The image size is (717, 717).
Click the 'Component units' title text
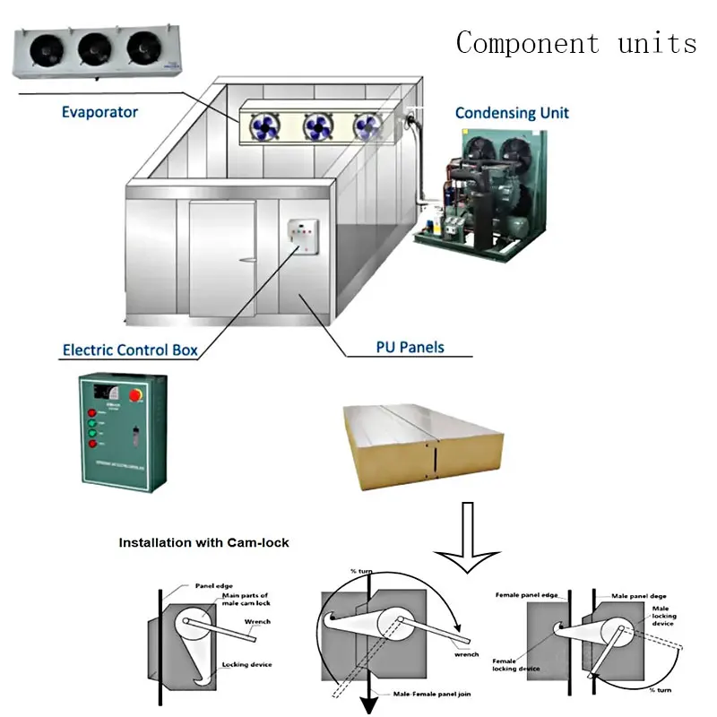click(575, 42)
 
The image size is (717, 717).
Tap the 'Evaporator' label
click(99, 112)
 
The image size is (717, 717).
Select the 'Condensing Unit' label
click(512, 113)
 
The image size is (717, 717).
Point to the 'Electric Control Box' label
click(130, 350)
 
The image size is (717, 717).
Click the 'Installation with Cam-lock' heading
click(204, 542)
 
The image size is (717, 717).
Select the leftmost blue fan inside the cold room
click(266, 126)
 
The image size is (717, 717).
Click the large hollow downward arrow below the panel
click(468, 538)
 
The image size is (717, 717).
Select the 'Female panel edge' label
click(527, 594)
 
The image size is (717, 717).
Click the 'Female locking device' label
click(515, 664)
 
